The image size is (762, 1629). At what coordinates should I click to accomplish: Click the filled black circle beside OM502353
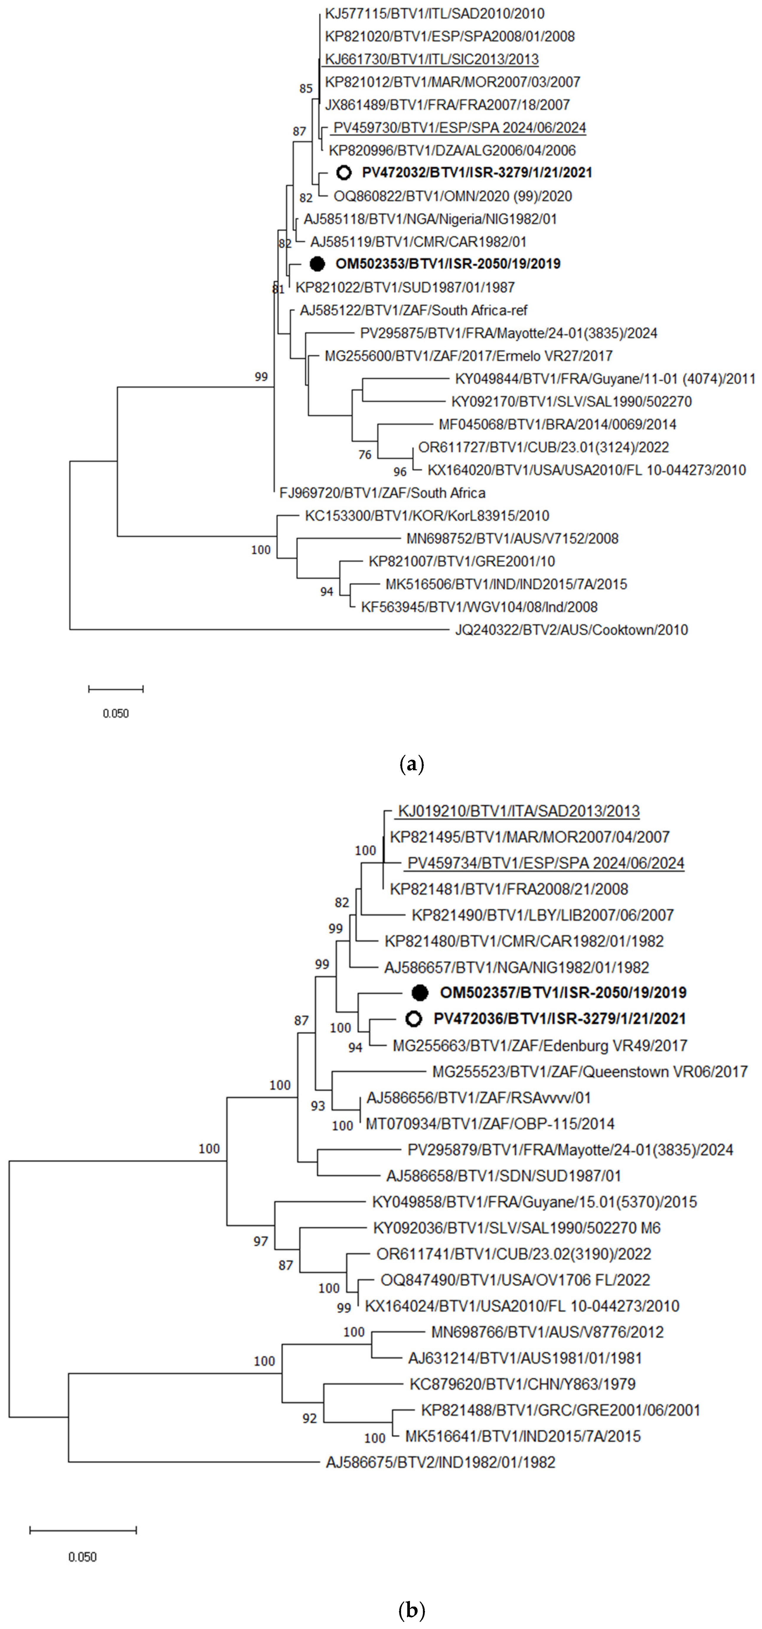point(318,264)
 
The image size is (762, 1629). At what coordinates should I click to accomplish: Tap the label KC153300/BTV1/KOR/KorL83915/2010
point(427,516)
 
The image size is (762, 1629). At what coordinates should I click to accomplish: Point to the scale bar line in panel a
point(116,689)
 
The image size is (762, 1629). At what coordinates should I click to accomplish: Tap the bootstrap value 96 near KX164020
point(400,472)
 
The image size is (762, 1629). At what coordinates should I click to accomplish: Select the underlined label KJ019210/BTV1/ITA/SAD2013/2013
point(519,811)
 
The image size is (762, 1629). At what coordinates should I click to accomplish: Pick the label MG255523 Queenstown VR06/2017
point(589,1072)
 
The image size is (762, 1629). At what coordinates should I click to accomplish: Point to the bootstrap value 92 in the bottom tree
point(309,1418)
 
